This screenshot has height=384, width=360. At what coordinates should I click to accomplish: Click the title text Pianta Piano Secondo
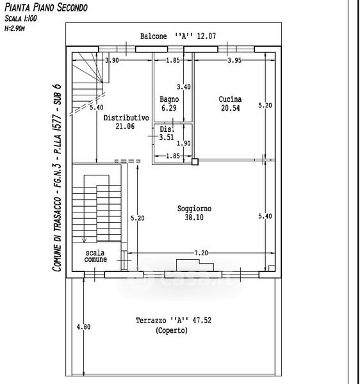[46, 7]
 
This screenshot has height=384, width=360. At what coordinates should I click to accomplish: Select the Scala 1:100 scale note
[20, 19]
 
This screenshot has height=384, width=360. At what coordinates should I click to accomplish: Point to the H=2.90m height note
[15, 28]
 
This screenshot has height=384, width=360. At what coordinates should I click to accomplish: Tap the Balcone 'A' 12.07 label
[178, 36]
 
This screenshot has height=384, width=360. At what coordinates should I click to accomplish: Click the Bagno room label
[169, 99]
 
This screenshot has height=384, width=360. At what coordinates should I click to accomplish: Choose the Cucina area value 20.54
[231, 108]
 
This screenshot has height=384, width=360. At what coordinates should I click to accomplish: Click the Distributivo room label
[126, 118]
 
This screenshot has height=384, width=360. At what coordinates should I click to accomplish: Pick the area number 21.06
[125, 126]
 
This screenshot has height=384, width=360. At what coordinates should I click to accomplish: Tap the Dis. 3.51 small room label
[167, 133]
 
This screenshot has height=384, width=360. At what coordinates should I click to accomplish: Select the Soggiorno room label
[194, 209]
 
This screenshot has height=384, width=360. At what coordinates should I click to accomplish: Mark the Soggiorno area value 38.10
[194, 217]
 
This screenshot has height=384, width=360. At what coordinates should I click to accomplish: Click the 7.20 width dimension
[201, 253]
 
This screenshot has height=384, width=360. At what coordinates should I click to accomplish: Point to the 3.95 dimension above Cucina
[234, 60]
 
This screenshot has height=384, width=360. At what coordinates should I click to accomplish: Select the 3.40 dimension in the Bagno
[184, 87]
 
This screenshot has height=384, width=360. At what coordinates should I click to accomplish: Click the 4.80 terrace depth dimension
[83, 327]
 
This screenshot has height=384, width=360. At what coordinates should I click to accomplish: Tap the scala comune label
[95, 256]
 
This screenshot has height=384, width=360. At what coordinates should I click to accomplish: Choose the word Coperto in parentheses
[172, 331]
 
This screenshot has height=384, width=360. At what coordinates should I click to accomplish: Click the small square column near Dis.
[195, 162]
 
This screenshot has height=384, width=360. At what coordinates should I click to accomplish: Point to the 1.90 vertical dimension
[184, 143]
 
